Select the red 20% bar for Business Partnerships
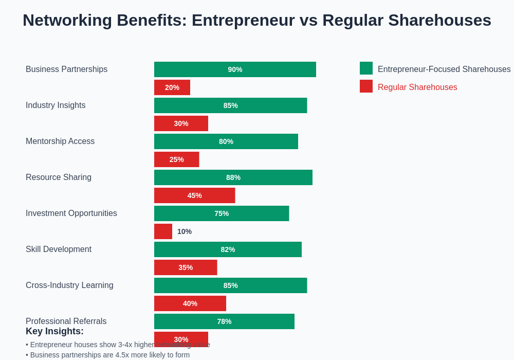(x=172, y=87)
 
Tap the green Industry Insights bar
(x=230, y=105)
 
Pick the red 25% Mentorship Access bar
(x=176, y=159)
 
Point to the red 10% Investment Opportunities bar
(x=163, y=231)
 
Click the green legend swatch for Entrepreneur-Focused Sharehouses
(x=366, y=68)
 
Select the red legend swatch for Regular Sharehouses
(x=366, y=86)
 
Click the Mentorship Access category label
(x=60, y=141)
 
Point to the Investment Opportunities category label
(x=71, y=213)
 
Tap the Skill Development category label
(x=59, y=249)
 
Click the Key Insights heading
(x=54, y=332)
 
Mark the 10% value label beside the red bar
(x=185, y=231)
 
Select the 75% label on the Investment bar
(x=222, y=213)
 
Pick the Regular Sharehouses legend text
(x=417, y=87)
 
